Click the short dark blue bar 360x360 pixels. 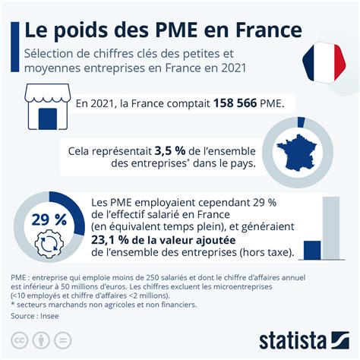(x=312, y=249)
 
